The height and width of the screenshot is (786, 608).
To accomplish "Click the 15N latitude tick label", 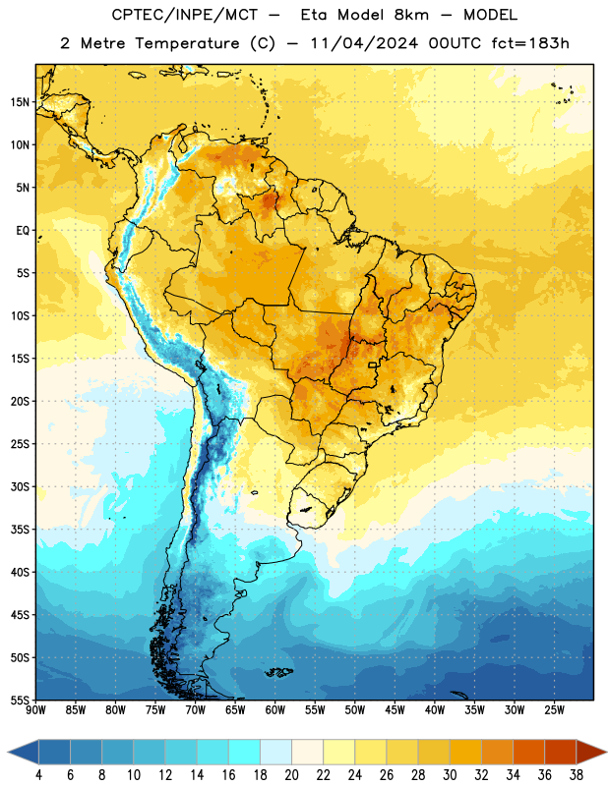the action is click(x=20, y=102).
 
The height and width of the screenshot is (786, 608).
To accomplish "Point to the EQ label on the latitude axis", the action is click(x=23, y=231).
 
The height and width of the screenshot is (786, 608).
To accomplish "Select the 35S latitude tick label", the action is click(x=20, y=530).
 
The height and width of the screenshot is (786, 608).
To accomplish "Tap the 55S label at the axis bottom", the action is click(x=20, y=701).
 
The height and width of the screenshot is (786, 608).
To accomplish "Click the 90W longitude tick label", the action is click(x=35, y=710).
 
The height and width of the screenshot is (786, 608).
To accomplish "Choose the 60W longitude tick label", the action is click(x=275, y=710).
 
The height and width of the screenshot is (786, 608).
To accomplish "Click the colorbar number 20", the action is click(x=291, y=775).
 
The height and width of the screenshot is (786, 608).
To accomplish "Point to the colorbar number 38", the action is click(x=577, y=775).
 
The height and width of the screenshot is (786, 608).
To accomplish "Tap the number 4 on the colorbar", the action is click(x=38, y=775).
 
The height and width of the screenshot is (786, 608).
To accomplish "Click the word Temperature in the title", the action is click(x=187, y=43).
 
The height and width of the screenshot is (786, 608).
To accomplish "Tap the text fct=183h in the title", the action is click(x=530, y=43).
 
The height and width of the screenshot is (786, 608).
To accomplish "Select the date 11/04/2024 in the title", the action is click(x=364, y=43).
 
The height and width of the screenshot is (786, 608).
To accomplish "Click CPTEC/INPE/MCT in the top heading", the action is click(x=185, y=15).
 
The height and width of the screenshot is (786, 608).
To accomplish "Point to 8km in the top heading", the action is click(x=411, y=15).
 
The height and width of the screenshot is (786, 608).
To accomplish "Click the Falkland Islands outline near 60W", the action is click(x=279, y=672).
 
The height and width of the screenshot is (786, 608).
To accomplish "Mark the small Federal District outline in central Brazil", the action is click(x=373, y=365).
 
